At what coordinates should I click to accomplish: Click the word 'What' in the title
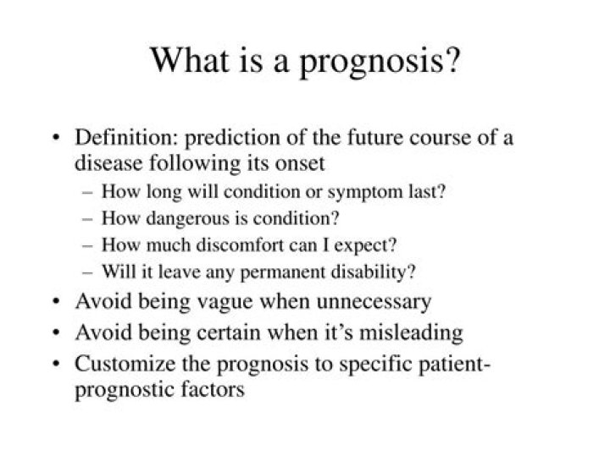pyautogui.click(x=188, y=60)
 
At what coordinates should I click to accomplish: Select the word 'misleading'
pyautogui.click(x=410, y=332)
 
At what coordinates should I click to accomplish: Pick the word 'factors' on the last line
pyautogui.click(x=214, y=392)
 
